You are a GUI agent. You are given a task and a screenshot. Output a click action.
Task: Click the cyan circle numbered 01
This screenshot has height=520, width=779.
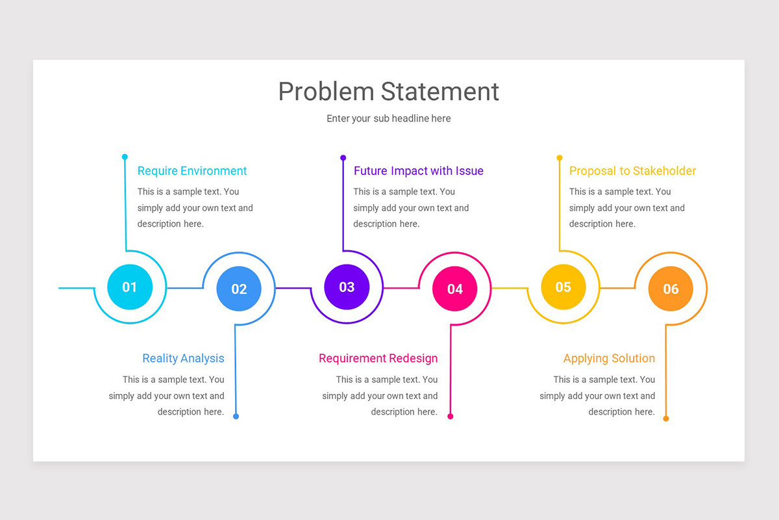click(130, 287)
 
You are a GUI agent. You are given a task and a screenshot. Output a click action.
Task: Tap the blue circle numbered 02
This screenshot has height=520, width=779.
click(239, 289)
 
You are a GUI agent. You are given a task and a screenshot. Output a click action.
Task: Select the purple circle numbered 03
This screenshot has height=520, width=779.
click(347, 287)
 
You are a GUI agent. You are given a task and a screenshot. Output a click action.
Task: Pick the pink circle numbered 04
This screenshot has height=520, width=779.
click(455, 289)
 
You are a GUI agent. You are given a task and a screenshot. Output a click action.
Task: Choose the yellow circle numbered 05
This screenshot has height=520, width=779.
click(563, 287)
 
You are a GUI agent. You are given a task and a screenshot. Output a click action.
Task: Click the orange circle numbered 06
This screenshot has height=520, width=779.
click(671, 289)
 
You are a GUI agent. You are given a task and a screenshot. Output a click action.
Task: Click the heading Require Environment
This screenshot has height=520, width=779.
click(192, 171)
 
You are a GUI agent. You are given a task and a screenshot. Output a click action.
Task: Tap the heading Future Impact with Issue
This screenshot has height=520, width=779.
click(418, 171)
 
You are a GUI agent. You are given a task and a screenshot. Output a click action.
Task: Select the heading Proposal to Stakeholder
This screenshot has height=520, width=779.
click(632, 171)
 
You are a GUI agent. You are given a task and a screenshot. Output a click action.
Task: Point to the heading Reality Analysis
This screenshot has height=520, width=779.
click(183, 358)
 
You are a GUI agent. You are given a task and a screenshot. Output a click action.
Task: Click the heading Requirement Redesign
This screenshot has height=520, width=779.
click(378, 358)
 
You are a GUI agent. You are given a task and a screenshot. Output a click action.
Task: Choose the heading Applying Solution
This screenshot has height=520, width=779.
click(609, 358)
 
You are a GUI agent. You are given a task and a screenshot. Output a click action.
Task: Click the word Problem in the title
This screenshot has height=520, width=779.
click(327, 92)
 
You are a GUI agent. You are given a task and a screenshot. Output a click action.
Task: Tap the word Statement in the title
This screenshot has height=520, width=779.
click(440, 92)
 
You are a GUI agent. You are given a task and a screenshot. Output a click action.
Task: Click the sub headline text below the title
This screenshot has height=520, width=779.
click(388, 118)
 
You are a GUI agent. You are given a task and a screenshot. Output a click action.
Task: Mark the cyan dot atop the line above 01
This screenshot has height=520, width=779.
click(125, 157)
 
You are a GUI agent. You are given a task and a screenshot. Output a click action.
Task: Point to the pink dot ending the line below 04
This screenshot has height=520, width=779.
click(451, 416)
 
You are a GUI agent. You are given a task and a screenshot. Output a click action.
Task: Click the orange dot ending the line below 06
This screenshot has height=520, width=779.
click(666, 419)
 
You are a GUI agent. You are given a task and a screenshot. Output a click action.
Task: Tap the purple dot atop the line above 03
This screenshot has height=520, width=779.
click(343, 157)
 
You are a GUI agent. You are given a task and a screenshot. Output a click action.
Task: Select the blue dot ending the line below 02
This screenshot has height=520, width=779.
click(236, 416)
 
